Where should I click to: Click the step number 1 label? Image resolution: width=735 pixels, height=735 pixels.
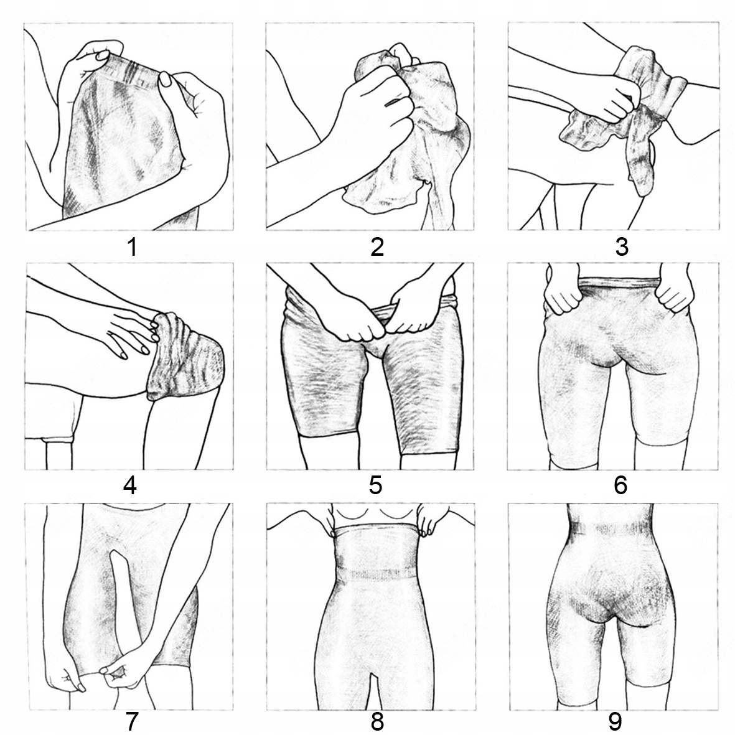(x=131, y=247)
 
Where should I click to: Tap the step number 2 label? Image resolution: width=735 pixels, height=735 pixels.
(x=377, y=247)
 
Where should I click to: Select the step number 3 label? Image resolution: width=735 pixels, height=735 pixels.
(x=621, y=247)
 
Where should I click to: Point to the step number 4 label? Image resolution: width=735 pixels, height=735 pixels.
(x=129, y=485)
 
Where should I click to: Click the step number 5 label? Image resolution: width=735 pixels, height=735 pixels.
(x=375, y=485)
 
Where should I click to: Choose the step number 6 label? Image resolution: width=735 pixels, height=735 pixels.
(x=620, y=485)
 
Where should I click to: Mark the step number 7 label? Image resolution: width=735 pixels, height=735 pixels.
(x=131, y=722)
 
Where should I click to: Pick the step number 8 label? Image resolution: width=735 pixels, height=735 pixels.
(x=377, y=722)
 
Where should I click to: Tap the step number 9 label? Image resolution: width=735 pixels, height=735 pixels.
(x=614, y=722)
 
